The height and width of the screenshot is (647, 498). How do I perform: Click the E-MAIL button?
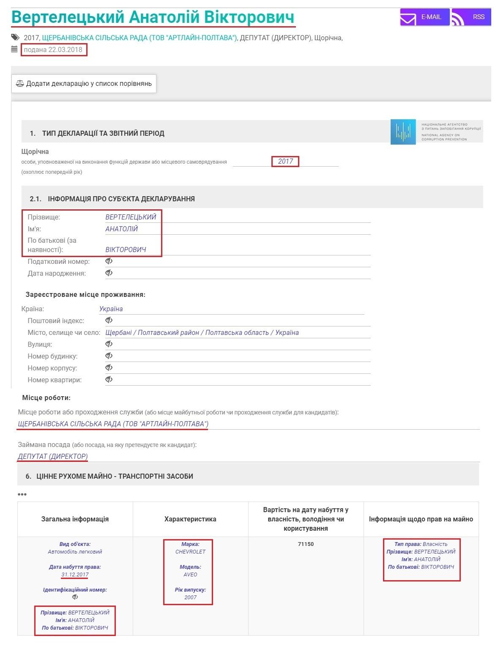coord(424,17)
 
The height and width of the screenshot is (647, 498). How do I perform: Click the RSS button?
coord(471,17)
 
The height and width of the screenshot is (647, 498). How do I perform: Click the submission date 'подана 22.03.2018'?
coord(54,50)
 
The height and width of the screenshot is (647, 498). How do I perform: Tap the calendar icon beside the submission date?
coord(15,50)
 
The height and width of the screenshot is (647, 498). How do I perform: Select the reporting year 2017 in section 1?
coord(285,161)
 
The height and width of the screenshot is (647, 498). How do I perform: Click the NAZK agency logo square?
coord(403,132)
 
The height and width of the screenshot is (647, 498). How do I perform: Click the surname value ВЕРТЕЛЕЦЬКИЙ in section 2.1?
coord(131,217)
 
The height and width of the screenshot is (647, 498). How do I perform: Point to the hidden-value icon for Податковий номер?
coord(109,261)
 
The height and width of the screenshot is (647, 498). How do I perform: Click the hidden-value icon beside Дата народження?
coord(109,273)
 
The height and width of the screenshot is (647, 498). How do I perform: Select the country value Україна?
coord(111,309)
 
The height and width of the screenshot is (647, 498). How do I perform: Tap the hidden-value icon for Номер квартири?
coord(109,380)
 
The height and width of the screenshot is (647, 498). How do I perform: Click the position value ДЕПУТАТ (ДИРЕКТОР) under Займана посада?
coord(53,456)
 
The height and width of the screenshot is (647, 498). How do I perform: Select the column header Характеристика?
coord(190,519)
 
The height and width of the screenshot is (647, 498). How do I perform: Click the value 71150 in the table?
coord(306,544)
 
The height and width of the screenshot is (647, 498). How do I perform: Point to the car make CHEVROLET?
coord(190,552)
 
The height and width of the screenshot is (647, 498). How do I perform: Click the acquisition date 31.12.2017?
coord(75,575)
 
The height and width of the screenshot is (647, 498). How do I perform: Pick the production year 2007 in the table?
coord(190,598)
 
